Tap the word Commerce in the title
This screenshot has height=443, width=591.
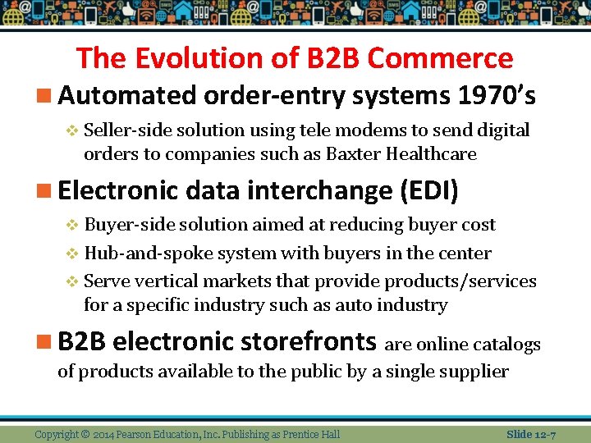[x=440, y=58]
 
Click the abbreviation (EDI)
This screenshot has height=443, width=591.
[x=428, y=190]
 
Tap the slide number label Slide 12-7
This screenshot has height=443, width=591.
[x=531, y=433]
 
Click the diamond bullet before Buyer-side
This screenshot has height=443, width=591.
[x=72, y=225]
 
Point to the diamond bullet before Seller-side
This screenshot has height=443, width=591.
[x=72, y=130]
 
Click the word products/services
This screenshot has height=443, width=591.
[x=460, y=281]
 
